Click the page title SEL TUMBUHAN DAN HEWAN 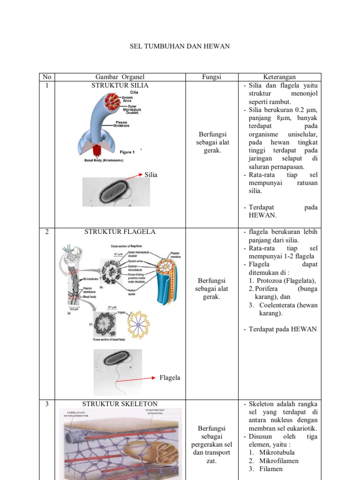tap(180, 47)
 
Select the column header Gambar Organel tap(120, 77)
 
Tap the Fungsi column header tap(212, 77)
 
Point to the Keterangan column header tap(279, 77)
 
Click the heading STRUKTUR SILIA tap(120, 85)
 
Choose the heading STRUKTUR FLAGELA tap(120, 232)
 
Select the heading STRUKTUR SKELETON tap(120, 404)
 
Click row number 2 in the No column tap(46, 232)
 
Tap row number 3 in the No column tap(46, 404)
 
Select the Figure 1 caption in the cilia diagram tap(127, 152)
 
